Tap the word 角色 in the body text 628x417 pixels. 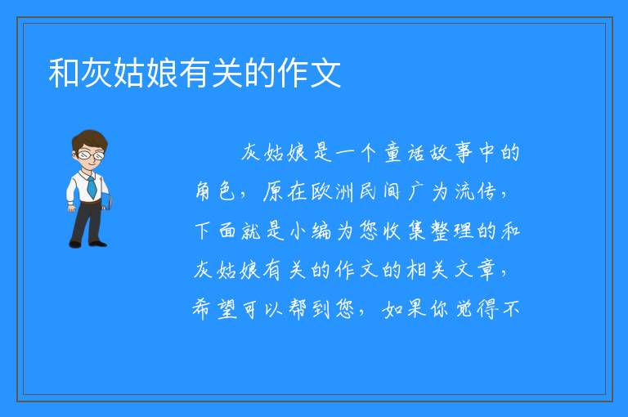215,191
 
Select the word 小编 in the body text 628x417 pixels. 311,231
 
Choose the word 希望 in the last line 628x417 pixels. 215,309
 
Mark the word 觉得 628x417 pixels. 478,309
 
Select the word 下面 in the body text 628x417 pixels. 216,231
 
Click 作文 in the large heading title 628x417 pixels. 309,73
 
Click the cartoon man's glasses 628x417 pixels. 92,155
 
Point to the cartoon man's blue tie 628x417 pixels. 92,186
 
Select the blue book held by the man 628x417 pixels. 106,201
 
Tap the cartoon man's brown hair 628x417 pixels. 90,139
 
